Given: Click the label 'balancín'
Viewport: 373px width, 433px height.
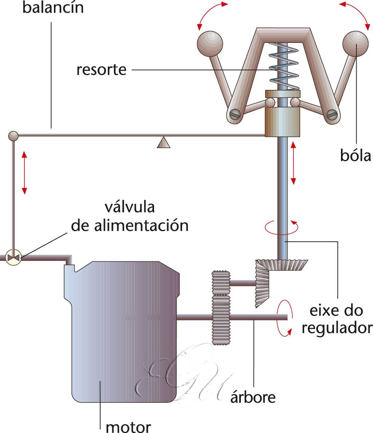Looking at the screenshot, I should click(53, 8).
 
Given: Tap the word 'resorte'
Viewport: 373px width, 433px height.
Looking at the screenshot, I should click(101, 69).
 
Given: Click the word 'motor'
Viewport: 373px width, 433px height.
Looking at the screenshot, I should click(128, 426).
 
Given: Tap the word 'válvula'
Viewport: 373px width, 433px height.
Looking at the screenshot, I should click(130, 207).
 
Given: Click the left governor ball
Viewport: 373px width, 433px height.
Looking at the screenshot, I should click(209, 43).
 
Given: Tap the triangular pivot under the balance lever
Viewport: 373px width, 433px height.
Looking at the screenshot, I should click(164, 142).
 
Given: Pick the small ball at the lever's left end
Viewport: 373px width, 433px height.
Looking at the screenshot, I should click(13, 136).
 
